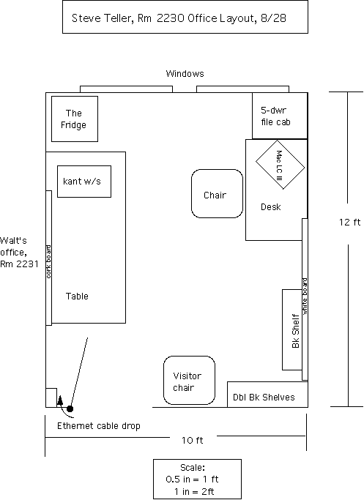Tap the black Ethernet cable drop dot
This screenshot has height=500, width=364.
(70, 408)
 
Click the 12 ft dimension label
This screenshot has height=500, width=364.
(349, 223)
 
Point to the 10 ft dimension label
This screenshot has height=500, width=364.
(193, 441)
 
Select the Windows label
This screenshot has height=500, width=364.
(185, 74)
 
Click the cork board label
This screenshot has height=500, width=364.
(48, 261)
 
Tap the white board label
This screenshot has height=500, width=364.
(305, 296)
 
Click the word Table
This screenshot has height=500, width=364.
(77, 296)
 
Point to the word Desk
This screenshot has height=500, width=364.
(271, 207)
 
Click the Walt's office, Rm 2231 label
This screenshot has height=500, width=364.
(19, 253)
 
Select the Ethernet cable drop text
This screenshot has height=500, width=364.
(99, 426)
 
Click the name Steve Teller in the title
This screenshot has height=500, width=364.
(101, 18)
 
